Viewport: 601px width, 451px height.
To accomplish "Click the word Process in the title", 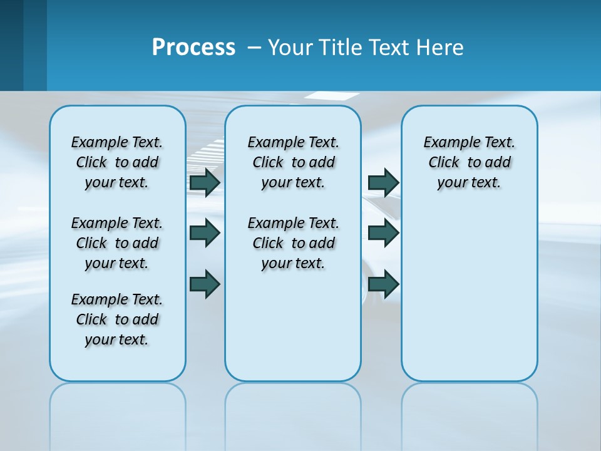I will point(193,48).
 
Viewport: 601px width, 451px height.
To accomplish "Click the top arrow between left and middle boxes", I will point(205,182).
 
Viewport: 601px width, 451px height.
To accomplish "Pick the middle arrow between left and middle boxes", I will point(205,233).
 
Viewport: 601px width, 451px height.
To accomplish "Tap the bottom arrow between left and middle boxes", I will point(205,284).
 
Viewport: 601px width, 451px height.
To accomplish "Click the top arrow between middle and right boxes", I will point(383,182).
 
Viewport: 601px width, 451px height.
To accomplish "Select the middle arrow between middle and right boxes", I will point(383,233).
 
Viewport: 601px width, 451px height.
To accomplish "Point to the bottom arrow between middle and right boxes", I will point(383,284).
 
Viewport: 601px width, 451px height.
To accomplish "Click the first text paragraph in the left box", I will point(117,162).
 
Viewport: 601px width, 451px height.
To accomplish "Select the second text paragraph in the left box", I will point(117,243).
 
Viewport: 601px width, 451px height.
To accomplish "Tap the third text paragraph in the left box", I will point(117,319).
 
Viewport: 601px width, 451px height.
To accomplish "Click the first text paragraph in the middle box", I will point(293,162).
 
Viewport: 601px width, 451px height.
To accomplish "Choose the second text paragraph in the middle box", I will point(293,243).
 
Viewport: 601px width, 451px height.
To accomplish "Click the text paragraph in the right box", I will point(470,162).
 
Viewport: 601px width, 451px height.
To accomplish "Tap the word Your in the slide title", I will point(290,48).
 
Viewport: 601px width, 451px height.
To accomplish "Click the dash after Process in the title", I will point(254,48).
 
